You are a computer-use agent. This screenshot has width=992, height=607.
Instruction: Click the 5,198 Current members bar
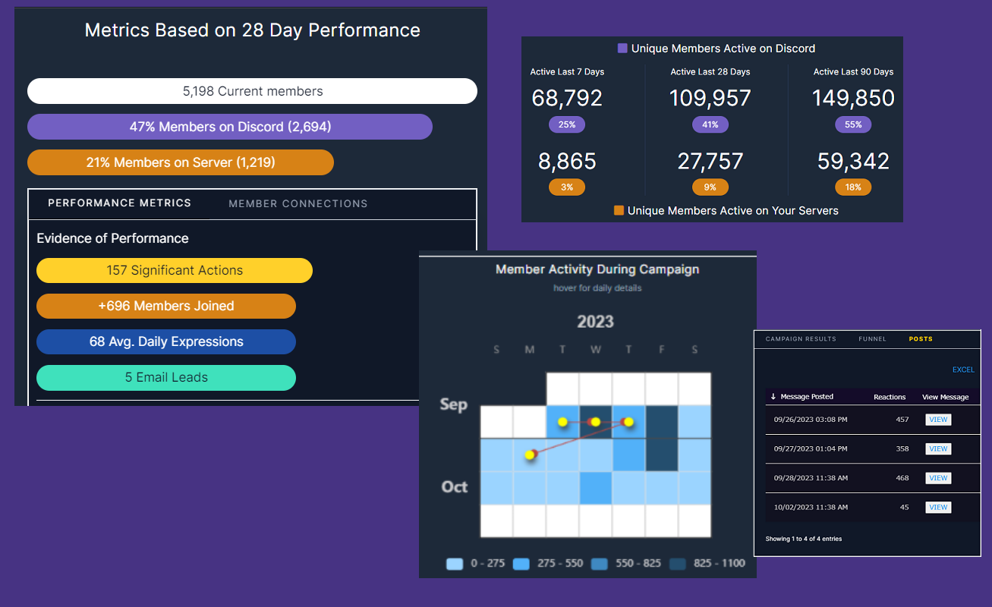click(x=252, y=91)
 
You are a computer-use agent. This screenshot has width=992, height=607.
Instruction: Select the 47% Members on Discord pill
click(x=230, y=127)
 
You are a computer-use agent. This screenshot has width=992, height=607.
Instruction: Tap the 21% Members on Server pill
click(x=181, y=162)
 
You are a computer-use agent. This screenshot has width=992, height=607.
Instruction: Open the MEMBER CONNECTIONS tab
click(x=298, y=203)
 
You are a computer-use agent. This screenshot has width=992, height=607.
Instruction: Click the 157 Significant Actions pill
click(x=175, y=271)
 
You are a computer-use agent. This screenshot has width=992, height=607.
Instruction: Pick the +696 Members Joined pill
click(x=165, y=307)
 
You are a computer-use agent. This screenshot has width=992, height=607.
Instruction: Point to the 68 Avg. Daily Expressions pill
click(x=165, y=342)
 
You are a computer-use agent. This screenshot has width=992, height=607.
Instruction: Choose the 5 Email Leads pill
click(x=165, y=378)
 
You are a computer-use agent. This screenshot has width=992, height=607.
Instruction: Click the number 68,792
click(x=567, y=99)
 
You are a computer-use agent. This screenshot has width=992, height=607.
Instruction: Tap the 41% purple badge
click(x=710, y=124)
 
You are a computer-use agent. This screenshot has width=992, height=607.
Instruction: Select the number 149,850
click(x=853, y=99)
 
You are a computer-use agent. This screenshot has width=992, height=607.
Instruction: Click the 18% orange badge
click(x=853, y=187)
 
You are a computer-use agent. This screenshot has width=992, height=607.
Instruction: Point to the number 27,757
click(x=710, y=162)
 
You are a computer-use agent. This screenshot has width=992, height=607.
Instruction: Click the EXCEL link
click(x=963, y=370)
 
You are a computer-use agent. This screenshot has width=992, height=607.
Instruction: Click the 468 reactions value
click(x=902, y=478)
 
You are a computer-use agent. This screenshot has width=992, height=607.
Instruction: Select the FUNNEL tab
click(x=872, y=339)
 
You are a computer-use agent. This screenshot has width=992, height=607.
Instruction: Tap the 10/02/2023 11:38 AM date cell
click(x=811, y=507)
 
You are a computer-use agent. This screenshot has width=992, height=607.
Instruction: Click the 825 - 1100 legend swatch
click(x=678, y=564)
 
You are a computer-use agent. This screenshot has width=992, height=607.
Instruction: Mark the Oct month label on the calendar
click(x=455, y=487)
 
